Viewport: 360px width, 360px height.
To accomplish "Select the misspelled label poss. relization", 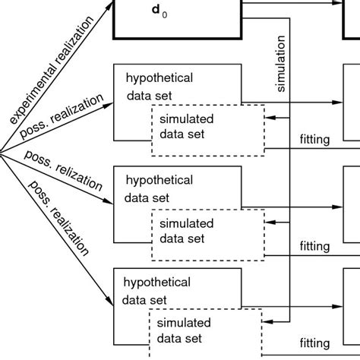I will coord(64,171).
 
